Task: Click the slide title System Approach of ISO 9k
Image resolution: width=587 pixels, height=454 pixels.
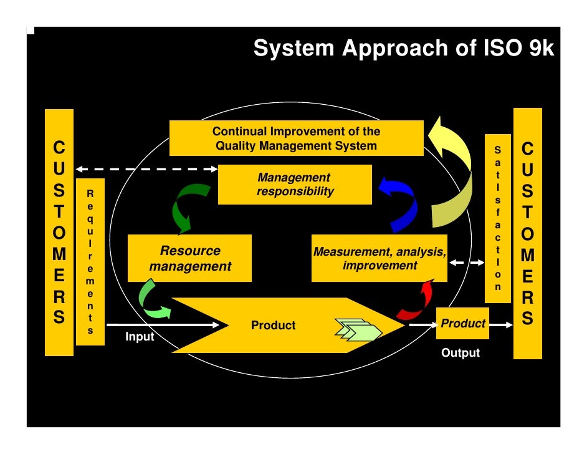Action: (x=403, y=48)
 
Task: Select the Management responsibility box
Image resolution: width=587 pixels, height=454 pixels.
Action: (x=294, y=185)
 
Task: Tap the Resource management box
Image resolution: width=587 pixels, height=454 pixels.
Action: (x=189, y=258)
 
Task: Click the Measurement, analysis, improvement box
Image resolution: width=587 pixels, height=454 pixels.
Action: (x=379, y=258)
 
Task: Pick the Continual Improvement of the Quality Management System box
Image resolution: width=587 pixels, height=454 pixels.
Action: (x=296, y=138)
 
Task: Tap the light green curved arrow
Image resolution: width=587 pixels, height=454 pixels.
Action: (x=151, y=300)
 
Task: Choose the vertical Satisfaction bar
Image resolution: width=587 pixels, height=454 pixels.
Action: (x=497, y=218)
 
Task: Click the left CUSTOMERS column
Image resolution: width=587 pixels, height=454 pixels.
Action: (x=59, y=233)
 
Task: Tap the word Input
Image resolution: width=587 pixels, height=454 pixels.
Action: (x=140, y=337)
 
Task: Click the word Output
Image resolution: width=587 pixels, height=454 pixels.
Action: (x=461, y=353)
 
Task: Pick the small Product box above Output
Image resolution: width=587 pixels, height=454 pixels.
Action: (x=462, y=324)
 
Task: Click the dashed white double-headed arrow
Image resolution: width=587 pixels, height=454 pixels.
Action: (x=146, y=169)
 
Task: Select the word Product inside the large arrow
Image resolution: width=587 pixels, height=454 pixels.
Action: (x=273, y=326)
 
